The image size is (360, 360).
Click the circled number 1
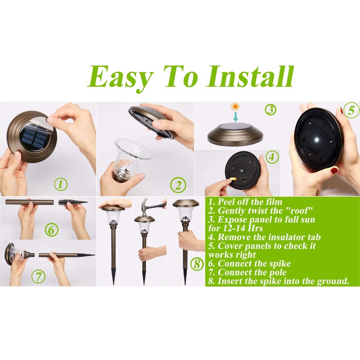61,184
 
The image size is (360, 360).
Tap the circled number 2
178,185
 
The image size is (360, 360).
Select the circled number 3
271,109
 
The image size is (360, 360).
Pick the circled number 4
272,157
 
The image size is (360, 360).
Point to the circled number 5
351,111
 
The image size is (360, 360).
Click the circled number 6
52,229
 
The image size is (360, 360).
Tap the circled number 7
38,276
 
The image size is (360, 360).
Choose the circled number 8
197,264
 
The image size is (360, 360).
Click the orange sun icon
235,107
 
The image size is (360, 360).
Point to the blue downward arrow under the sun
235,117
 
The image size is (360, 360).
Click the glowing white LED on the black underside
318,139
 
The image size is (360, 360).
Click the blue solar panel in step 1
32,139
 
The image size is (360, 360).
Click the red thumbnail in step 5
334,171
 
